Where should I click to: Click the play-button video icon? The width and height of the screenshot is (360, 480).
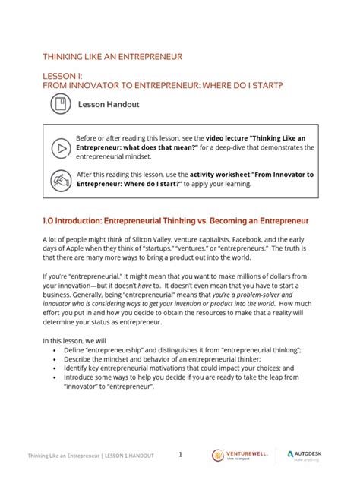[59, 147]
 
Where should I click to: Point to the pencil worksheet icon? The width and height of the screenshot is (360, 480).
[59, 182]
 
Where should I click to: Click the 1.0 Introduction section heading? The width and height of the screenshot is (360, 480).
[175, 220]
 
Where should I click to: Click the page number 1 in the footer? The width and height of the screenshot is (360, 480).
[181, 455]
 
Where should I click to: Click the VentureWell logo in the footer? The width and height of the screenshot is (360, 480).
[238, 455]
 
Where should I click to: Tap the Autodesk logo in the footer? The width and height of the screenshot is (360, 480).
[308, 455]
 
